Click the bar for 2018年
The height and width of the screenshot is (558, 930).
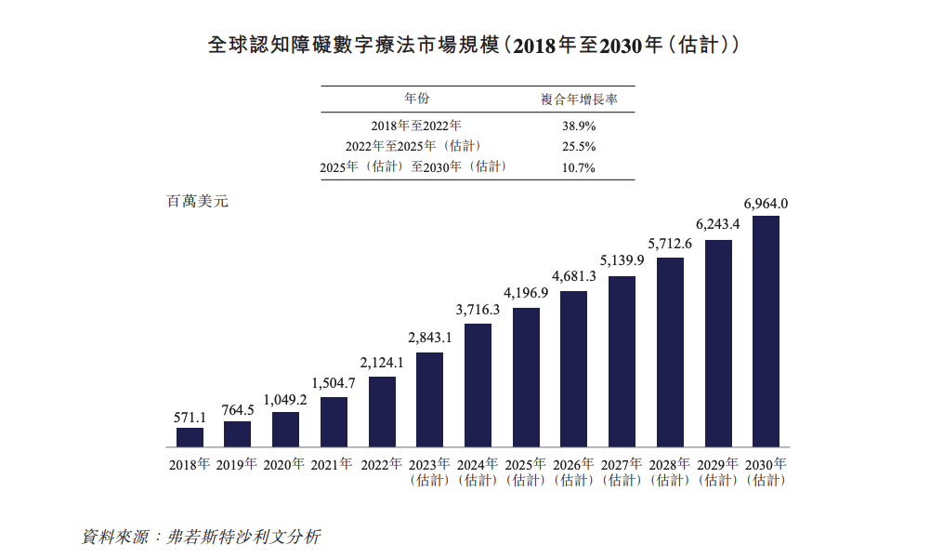coord(190,437)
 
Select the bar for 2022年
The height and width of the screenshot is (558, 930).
coord(382,411)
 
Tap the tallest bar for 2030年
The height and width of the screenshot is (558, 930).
coord(766,331)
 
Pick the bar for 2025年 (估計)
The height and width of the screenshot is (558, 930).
coord(526,377)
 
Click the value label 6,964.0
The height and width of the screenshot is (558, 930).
coord(766,203)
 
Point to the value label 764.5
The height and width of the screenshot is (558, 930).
coord(238,409)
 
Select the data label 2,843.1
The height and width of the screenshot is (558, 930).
coord(429,337)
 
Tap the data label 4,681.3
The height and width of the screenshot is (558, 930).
coord(573,276)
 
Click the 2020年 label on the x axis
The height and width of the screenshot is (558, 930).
coord(285,463)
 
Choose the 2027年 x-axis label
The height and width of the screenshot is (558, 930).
coord(622,463)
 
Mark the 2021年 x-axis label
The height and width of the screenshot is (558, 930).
coord(334,463)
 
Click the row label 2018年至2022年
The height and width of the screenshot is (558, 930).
coord(415,125)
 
